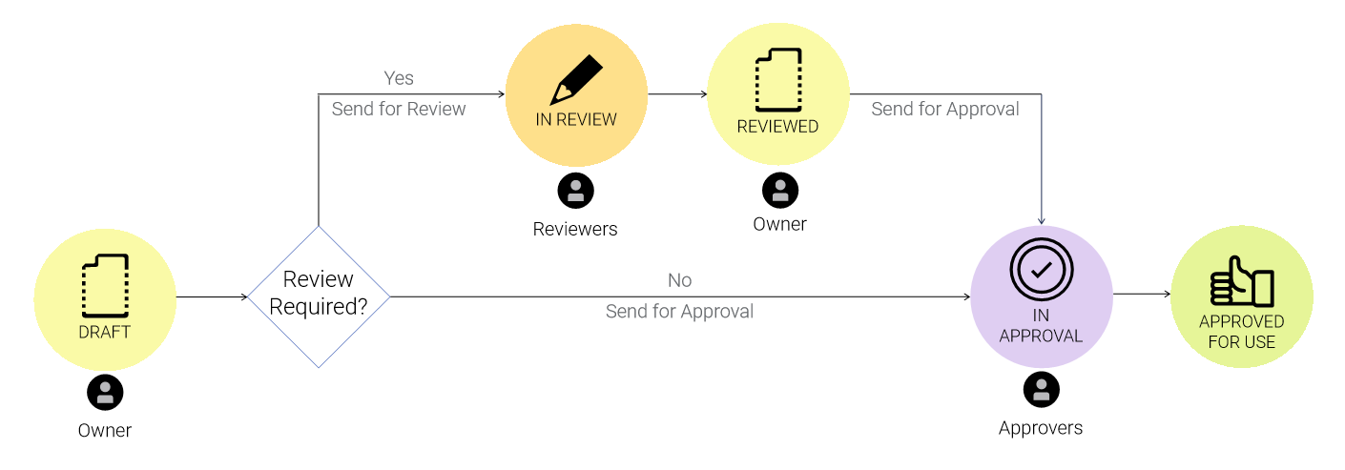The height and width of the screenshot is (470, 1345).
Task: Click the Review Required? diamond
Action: [x=319, y=296]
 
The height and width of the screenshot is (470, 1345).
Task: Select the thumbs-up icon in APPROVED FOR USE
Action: [x=1242, y=282]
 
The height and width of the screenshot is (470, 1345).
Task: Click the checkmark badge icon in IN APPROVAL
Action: [x=1041, y=270]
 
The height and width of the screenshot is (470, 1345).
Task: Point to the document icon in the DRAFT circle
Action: [x=105, y=286]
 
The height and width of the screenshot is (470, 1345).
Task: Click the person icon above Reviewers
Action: [x=575, y=191]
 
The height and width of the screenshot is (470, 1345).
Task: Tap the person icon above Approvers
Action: [x=1041, y=389]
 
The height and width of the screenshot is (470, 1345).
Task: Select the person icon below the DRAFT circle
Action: [x=105, y=392]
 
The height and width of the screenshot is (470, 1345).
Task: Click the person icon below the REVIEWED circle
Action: [x=779, y=190]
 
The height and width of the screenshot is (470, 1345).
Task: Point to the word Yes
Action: [x=399, y=78]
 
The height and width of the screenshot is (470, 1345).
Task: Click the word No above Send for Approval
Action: [x=679, y=280]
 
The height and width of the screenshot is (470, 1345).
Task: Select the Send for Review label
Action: [x=399, y=109]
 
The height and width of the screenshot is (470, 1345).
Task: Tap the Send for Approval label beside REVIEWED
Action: [x=944, y=109]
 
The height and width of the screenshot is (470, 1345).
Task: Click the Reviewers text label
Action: [x=575, y=229]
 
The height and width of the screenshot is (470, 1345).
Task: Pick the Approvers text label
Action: [x=1041, y=428]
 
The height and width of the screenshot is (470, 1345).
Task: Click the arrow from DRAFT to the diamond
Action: [x=212, y=296]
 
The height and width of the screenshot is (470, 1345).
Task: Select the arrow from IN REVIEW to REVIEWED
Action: [x=676, y=94]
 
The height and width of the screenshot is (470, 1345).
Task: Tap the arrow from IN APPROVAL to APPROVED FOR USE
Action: [x=1141, y=294]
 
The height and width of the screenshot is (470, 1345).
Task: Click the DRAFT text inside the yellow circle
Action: [x=105, y=332]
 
